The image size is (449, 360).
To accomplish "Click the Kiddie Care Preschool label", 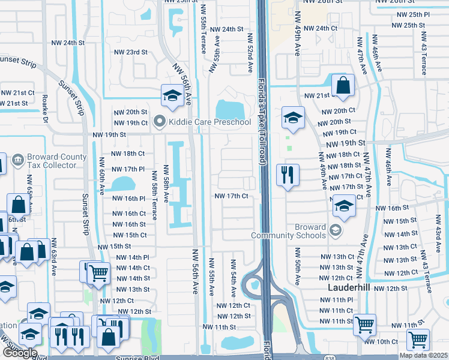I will point(209,122).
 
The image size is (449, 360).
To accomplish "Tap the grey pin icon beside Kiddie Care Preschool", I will point(160,122).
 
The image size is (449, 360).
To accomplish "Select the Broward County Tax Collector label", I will point(57,161).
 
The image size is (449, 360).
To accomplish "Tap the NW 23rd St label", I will point(131,52).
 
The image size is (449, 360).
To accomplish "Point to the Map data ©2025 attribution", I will point(423,355).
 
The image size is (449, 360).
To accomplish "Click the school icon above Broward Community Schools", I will point(344,206).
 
